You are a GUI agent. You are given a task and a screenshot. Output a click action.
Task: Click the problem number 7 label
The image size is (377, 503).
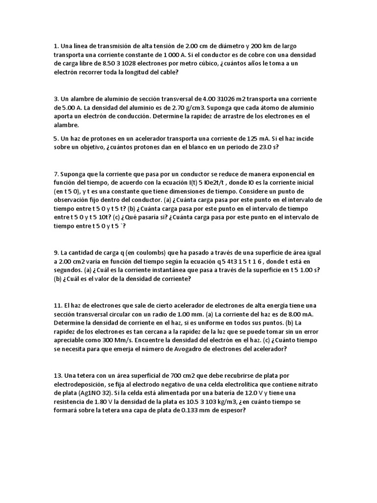(56, 174)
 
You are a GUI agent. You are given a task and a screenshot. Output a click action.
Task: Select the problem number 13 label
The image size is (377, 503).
(57, 376)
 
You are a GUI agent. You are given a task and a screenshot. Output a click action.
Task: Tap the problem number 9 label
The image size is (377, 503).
(56, 252)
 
